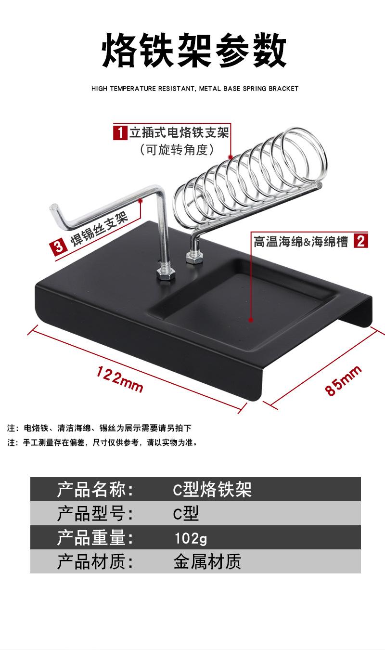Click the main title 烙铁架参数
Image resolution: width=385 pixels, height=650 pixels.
pos(194,50)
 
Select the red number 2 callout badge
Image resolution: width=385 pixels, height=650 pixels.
pos(361,240)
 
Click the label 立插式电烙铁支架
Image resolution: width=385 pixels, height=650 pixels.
pos(179,131)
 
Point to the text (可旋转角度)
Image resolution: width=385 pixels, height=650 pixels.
pos(177,150)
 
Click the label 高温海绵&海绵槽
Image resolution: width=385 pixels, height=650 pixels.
pos(301,241)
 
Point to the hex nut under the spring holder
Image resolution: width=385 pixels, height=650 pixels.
pos(193,258)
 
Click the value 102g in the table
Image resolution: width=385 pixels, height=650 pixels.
pos(191,538)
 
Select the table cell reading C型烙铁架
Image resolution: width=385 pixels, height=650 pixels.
pos(212,490)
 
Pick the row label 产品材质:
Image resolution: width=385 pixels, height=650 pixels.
pos(95,562)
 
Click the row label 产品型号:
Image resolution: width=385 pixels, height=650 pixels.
pos(95,514)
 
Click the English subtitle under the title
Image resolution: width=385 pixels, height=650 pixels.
pos(194,89)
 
